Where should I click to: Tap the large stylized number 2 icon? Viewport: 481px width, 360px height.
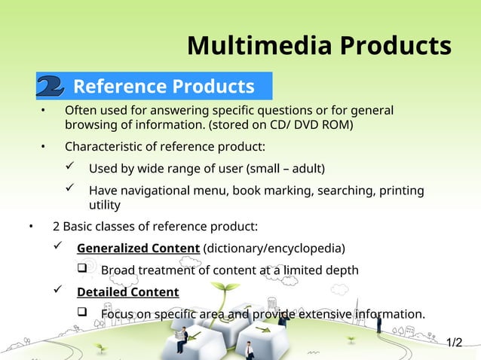[x=50, y=87]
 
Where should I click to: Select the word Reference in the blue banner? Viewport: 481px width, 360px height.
[x=119, y=87]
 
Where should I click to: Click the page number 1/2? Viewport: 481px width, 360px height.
[x=454, y=343]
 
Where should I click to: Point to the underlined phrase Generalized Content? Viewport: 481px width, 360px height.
[x=138, y=249]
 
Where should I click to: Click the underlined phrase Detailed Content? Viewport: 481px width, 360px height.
[x=127, y=292]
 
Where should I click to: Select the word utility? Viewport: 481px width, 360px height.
[x=105, y=204]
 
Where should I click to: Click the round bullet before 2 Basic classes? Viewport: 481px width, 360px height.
[x=31, y=227]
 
